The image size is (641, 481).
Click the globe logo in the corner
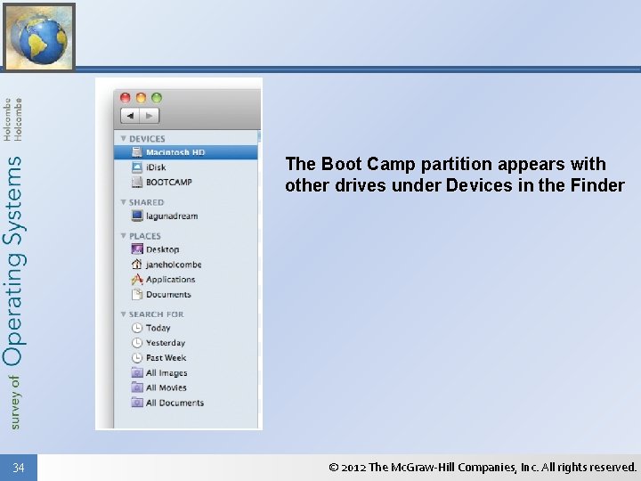(x=38, y=37)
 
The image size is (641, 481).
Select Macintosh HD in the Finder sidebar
(x=174, y=152)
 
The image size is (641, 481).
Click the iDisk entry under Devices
(x=156, y=167)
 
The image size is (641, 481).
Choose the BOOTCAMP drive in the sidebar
(x=168, y=183)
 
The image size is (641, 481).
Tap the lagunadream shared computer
(x=171, y=216)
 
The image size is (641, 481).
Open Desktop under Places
(x=162, y=249)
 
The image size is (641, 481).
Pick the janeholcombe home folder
(x=173, y=265)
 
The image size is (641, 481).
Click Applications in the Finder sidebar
(x=170, y=280)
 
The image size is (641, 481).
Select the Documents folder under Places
(x=168, y=295)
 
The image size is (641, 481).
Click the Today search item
(x=158, y=328)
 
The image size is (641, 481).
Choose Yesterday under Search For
(x=165, y=343)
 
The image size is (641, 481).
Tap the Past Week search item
(x=166, y=358)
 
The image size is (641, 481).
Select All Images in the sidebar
(x=166, y=373)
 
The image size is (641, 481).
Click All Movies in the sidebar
(x=166, y=388)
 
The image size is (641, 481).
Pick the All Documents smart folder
(x=174, y=404)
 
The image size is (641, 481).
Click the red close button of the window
(x=126, y=97)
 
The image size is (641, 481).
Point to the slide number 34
(x=19, y=468)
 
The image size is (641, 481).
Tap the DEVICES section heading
(x=147, y=139)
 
